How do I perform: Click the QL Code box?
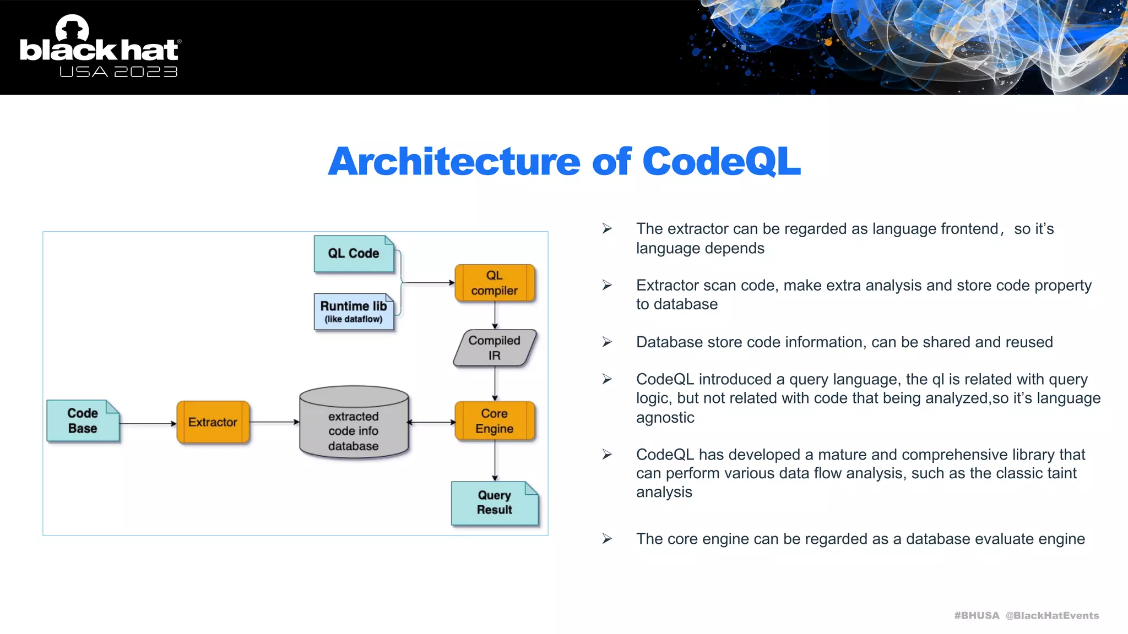tap(354, 254)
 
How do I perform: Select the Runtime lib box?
tap(354, 311)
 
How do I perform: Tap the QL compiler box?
tap(494, 283)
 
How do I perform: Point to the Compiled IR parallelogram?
tap(494, 348)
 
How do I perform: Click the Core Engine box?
tap(494, 421)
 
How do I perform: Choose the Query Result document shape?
tap(494, 503)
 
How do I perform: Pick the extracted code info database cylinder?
tap(354, 424)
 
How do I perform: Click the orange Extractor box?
tap(213, 422)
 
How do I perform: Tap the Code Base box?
tap(83, 421)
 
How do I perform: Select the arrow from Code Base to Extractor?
tap(148, 424)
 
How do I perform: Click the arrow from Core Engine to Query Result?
tap(495, 461)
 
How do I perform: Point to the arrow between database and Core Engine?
tap(431, 423)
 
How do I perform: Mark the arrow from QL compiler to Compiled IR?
tap(495, 316)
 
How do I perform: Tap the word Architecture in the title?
tap(454, 162)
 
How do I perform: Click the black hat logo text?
tap(99, 50)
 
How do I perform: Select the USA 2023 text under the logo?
tap(118, 72)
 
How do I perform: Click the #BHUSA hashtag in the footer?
tap(976, 615)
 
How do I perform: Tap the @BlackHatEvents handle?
tap(1052, 615)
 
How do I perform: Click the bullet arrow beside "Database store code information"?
tap(607, 342)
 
